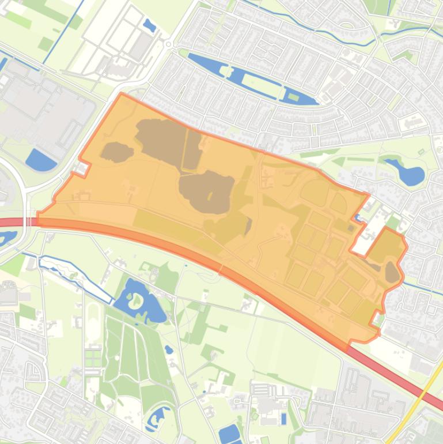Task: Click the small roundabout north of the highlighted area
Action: pos(168,44)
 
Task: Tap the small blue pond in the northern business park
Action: pos(149,25)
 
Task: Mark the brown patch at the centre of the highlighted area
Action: pos(206,190)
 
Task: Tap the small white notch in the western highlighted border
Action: pos(82,168)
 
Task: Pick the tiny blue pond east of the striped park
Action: pos(168,349)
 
